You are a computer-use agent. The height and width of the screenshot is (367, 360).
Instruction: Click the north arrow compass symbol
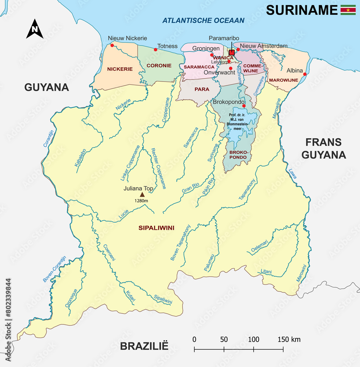click(35, 29)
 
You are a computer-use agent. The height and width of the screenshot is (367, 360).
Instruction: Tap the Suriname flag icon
click(348, 10)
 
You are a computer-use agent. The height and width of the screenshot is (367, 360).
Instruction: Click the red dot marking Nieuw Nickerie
click(112, 46)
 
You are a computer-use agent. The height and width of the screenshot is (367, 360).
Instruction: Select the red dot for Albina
click(305, 74)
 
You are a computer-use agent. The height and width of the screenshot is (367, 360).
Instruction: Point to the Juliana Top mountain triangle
click(142, 195)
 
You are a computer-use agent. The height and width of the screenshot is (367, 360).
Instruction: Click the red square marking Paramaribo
click(231, 52)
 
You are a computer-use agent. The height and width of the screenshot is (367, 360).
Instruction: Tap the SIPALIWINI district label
click(156, 228)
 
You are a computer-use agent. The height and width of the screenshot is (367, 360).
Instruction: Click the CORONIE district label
click(159, 65)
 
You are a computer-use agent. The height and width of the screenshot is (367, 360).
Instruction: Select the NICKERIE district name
click(120, 69)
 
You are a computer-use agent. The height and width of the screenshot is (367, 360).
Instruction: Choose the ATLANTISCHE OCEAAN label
click(203, 20)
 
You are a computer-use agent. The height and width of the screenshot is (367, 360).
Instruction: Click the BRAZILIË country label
click(144, 346)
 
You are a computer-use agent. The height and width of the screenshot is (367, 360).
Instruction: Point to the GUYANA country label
click(47, 87)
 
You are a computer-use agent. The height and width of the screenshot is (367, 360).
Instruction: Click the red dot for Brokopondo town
click(244, 106)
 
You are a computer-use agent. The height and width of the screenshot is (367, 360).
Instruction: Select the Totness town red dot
click(156, 50)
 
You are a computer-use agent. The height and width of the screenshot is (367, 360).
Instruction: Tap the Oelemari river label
click(259, 247)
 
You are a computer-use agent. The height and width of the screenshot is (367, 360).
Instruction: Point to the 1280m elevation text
click(141, 201)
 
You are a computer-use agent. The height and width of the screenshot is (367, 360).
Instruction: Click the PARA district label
click(202, 89)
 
